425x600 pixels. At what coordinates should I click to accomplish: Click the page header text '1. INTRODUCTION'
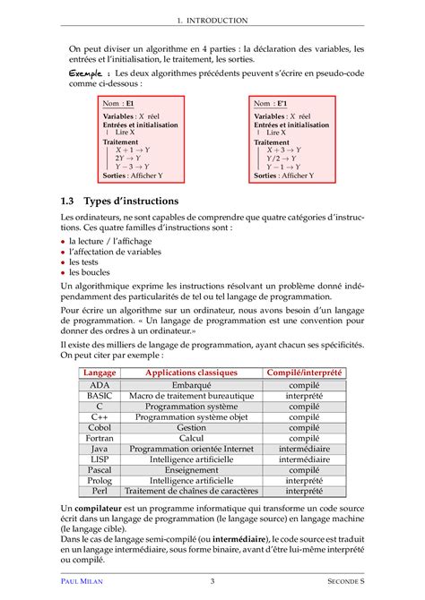point(212,19)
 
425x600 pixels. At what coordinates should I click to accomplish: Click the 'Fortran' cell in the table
point(100,438)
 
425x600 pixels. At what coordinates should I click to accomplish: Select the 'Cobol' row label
point(100,427)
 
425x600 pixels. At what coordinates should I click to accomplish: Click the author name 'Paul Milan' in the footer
point(86,581)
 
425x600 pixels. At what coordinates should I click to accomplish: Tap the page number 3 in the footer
point(212,581)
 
